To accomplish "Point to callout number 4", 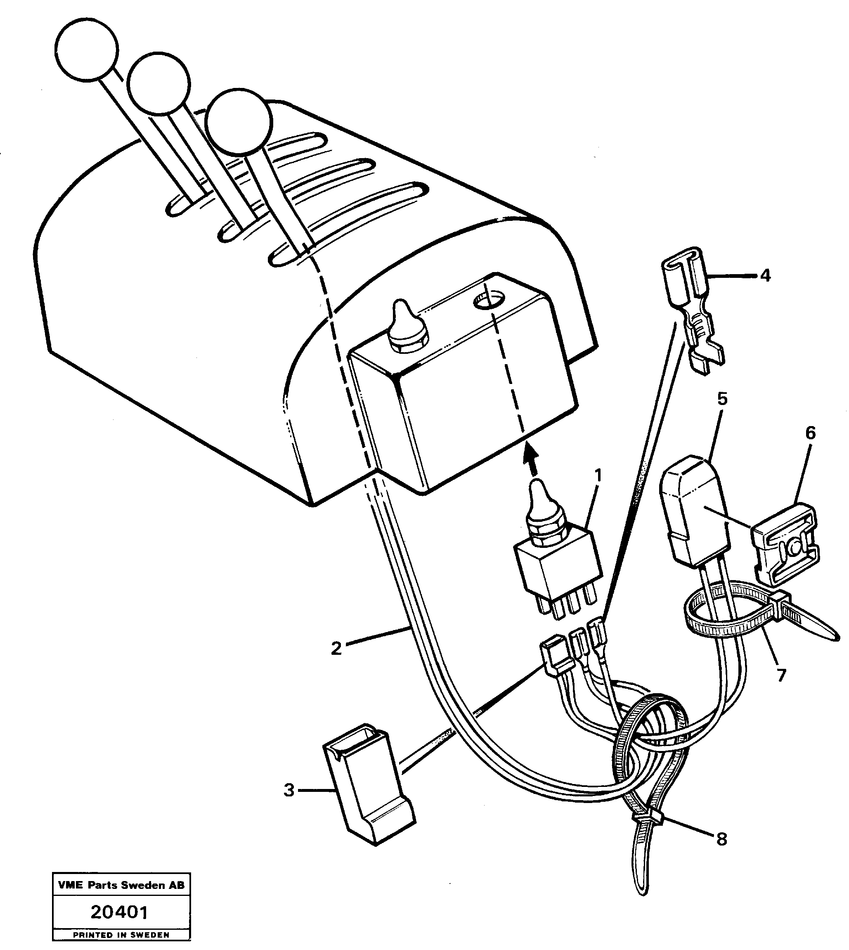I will [x=765, y=276].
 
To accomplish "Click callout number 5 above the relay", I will [x=722, y=399].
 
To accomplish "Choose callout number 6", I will [x=810, y=434].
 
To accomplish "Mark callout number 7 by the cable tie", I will [x=781, y=675].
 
